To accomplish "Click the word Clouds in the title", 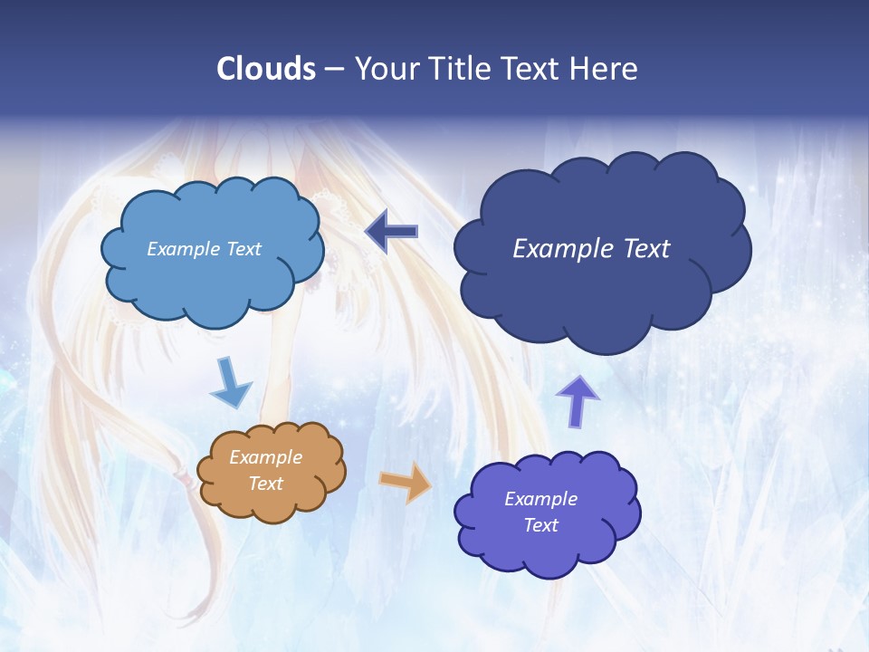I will (265, 69).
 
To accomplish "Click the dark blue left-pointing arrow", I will (391, 232).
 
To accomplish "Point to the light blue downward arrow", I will (231, 384).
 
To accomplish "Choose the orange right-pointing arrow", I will (406, 482).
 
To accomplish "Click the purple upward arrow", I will (578, 400).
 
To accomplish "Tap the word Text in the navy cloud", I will (648, 249).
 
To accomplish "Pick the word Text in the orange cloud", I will (265, 484).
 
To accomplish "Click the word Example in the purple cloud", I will (540, 499).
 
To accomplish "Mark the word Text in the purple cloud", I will (540, 525).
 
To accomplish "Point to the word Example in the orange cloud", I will (265, 457).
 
